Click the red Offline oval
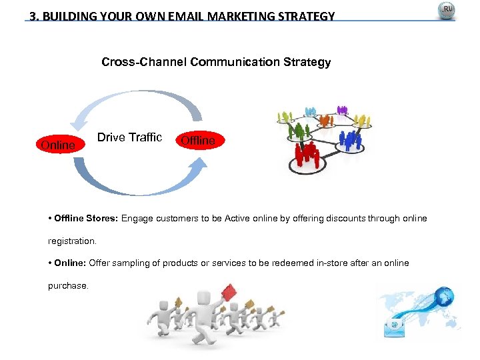click(x=198, y=141)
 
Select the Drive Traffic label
click(x=129, y=137)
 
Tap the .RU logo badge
click(x=446, y=11)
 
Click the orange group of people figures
click(x=325, y=119)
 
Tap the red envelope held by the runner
click(x=229, y=292)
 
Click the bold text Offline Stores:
click(x=87, y=219)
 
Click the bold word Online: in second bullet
click(x=69, y=263)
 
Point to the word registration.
click(x=72, y=241)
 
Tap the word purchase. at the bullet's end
click(x=67, y=285)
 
